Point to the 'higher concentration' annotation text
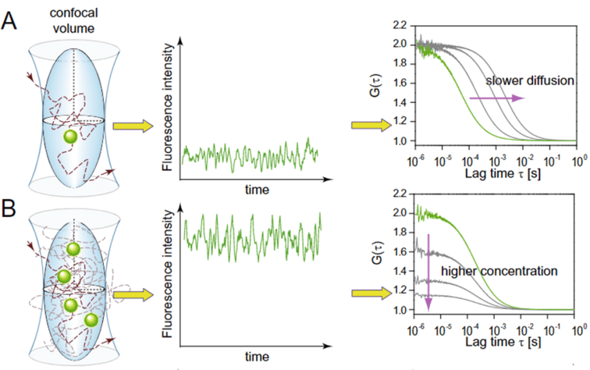(497, 271)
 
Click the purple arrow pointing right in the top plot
(496, 98)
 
